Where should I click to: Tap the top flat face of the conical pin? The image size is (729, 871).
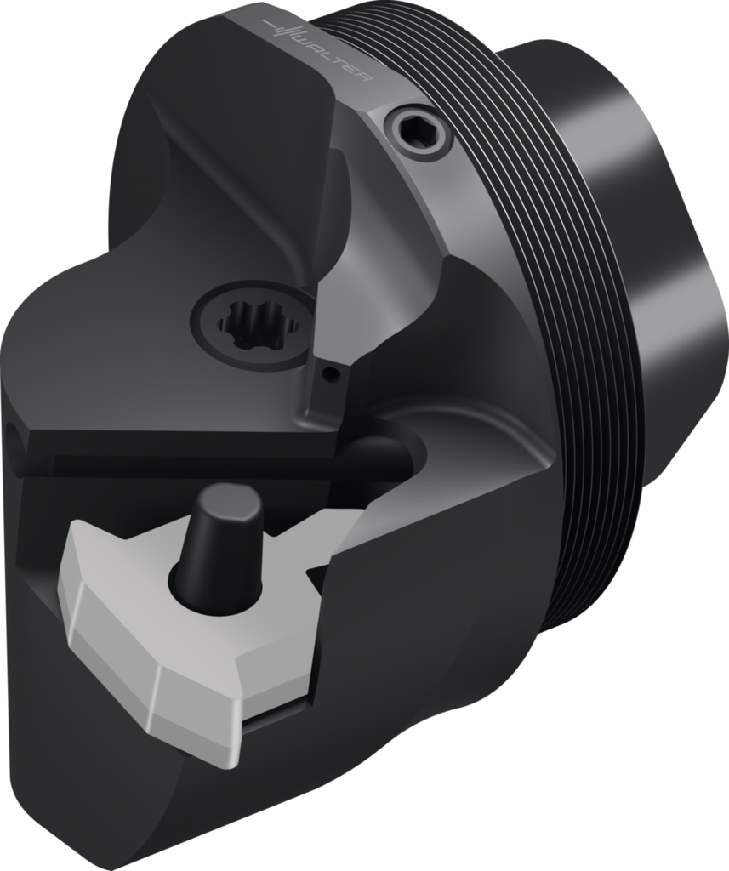pyautogui.click(x=225, y=498)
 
